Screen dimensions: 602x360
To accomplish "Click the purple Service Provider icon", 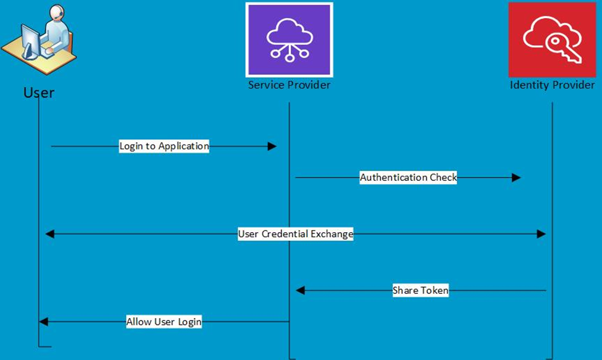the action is point(289,40).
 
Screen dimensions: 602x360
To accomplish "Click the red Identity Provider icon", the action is point(552,40).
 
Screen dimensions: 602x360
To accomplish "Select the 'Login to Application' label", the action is point(164,146).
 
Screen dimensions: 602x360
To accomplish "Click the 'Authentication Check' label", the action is point(408,178).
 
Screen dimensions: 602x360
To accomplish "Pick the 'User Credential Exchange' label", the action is point(296,234).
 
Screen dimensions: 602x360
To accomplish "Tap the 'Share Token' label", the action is point(420,291).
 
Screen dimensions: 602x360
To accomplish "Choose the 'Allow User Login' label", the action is point(164,322).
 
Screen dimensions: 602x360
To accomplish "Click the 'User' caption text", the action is point(39,93).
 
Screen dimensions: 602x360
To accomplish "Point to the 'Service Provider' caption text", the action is point(289,85).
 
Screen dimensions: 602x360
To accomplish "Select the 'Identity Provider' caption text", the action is point(552,85).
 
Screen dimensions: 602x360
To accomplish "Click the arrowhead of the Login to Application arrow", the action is point(272,146).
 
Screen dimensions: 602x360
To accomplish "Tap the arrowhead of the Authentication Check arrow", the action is point(516,178).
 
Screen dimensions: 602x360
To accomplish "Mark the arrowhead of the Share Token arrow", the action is point(300,291).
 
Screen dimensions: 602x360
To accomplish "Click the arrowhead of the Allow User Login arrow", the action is point(43,322).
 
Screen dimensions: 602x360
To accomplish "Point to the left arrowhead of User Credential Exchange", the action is point(49,234).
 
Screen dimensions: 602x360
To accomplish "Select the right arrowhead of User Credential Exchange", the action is point(541,234).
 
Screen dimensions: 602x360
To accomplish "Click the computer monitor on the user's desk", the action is point(30,41).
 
